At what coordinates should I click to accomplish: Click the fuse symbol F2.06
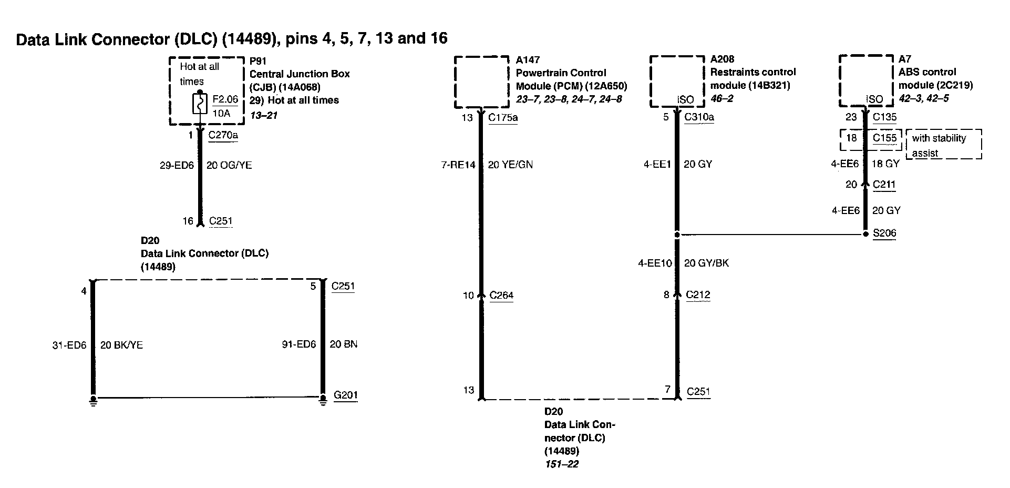tap(200, 104)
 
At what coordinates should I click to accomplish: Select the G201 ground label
tap(346, 395)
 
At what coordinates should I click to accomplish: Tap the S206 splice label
tap(884, 233)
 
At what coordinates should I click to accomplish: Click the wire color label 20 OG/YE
tap(229, 165)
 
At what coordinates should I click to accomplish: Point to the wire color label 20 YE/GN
tap(510, 165)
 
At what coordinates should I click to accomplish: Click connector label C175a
tap(503, 117)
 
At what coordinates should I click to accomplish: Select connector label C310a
tap(699, 117)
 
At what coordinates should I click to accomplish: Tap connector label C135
tap(884, 117)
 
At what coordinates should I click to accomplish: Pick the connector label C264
tap(501, 295)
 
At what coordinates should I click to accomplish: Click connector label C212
tap(698, 294)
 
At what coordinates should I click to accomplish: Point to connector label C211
tap(884, 184)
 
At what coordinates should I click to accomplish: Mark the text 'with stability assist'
tap(939, 145)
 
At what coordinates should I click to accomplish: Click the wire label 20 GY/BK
tap(706, 263)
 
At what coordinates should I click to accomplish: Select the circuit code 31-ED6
tap(69, 345)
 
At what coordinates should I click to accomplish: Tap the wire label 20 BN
tap(344, 344)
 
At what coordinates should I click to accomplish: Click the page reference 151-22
tap(561, 464)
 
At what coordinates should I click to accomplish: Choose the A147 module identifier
tap(528, 60)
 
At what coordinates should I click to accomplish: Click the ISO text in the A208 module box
tap(685, 100)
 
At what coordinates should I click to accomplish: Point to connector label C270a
tap(223, 135)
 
